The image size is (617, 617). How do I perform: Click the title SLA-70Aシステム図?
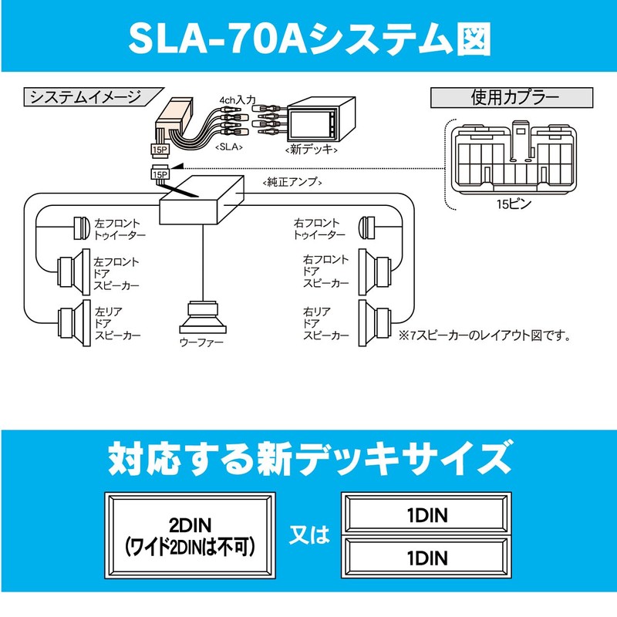coord(308,37)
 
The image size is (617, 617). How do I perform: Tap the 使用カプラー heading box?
coord(514,99)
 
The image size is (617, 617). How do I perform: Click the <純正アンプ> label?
coord(292,182)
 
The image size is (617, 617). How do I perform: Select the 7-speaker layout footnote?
coord(484,335)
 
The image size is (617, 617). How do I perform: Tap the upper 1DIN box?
coord(427,512)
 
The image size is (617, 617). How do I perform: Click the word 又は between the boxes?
coord(308,534)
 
